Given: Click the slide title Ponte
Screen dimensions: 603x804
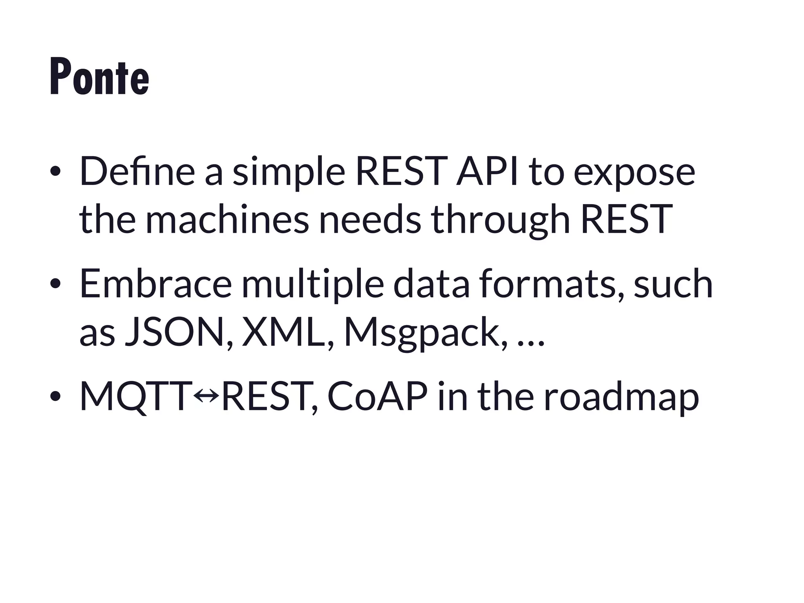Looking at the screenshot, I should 99,77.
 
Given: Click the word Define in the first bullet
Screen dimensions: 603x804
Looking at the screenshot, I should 137,172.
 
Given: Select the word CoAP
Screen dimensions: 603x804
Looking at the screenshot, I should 377,397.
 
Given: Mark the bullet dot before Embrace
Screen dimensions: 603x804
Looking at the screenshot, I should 55,284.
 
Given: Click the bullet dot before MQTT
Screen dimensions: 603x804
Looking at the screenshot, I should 55,397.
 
